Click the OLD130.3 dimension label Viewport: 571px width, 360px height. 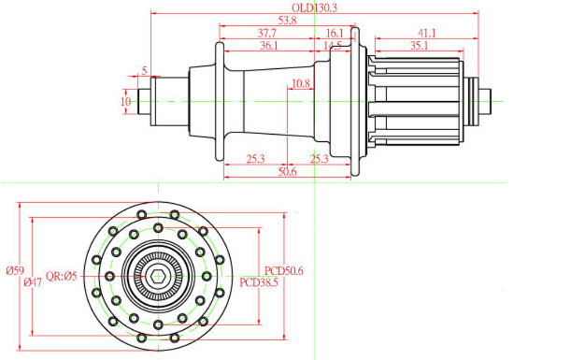[x=314, y=7]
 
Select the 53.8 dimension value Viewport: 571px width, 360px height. [x=287, y=21]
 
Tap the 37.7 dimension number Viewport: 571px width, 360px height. [x=267, y=33]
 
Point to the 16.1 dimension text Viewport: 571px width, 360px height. [x=335, y=33]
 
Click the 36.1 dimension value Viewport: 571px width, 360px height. [x=269, y=46]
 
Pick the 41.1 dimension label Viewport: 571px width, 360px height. [x=426, y=33]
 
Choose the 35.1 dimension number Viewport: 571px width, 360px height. [x=420, y=46]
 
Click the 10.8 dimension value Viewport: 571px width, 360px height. [x=301, y=84]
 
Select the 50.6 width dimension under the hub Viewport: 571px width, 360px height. [x=287, y=172]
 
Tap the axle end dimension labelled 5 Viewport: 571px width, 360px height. [x=145, y=70]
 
